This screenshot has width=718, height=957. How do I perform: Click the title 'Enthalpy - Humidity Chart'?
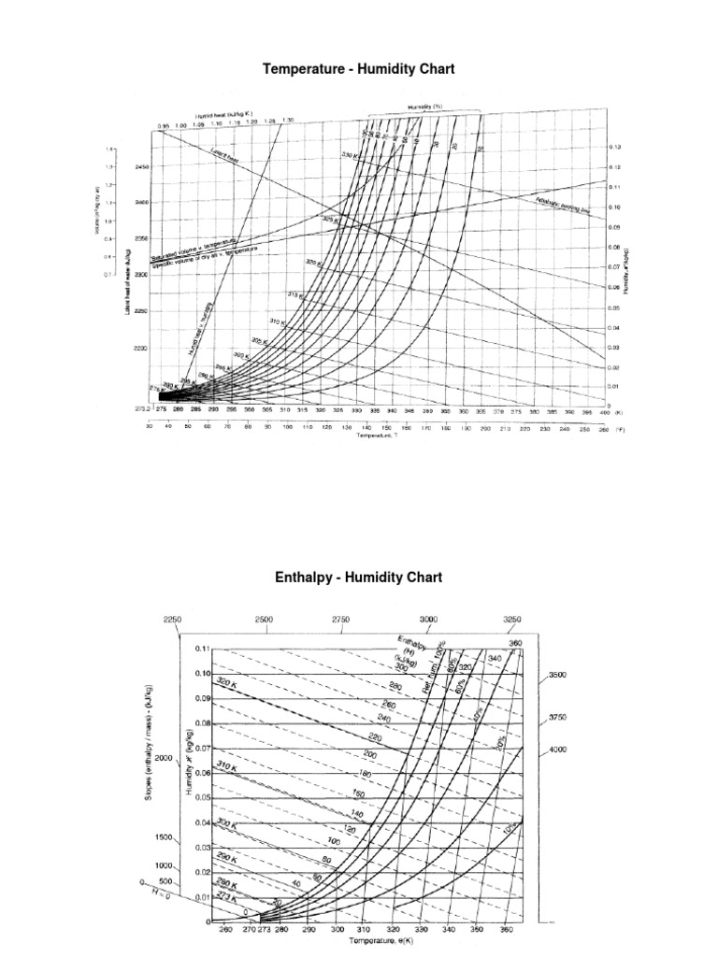pyautogui.click(x=358, y=578)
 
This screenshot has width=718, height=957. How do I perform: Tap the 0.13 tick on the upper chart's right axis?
pyautogui.click(x=614, y=148)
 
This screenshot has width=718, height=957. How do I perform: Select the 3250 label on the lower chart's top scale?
pyautogui.click(x=512, y=619)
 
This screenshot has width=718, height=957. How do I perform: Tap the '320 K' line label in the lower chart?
pyautogui.click(x=229, y=683)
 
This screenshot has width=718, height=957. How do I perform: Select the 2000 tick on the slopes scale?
pyautogui.click(x=165, y=758)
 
